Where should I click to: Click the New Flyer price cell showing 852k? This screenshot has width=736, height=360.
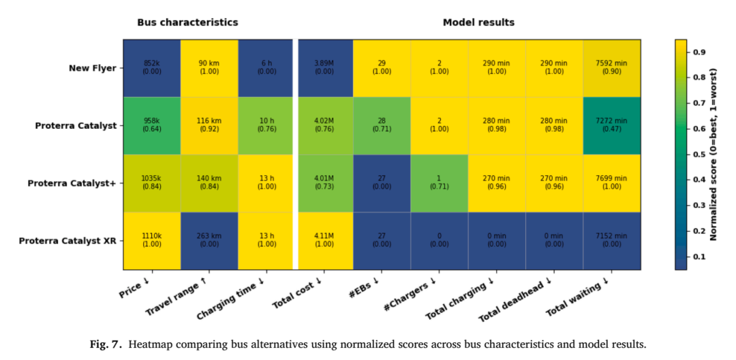tap(152, 68)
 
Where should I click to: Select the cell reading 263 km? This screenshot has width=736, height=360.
tap(209, 241)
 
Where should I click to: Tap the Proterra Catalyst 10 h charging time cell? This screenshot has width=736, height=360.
tap(266, 125)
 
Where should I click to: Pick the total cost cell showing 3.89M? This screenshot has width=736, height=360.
tap(326, 68)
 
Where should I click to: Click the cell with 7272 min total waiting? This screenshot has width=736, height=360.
tap(611, 125)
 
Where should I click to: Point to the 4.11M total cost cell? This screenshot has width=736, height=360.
tap(326, 241)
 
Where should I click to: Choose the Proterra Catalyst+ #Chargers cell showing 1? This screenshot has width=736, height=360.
tap(440, 183)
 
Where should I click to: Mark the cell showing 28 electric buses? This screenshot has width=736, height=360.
tap(382, 125)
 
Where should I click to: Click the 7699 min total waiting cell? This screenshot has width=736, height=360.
tap(611, 183)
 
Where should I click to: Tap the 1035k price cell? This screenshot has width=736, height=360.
tap(152, 183)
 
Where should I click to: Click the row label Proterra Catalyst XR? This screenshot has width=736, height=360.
tap(64, 241)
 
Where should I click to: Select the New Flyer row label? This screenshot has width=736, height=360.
tap(89, 69)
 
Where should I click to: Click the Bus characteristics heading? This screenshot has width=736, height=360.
tap(187, 22)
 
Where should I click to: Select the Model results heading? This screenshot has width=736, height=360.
tap(479, 22)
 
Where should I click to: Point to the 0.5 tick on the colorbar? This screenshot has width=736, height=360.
tap(696, 154)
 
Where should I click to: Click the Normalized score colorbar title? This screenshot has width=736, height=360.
tap(714, 154)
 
